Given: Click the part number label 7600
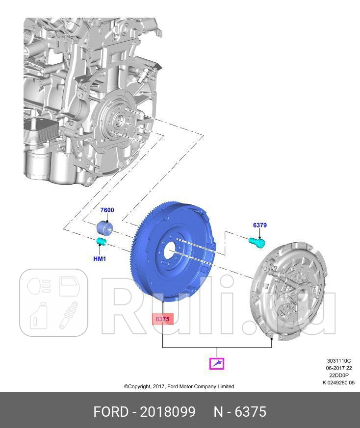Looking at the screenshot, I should (107, 210).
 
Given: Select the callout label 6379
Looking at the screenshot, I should (259, 226).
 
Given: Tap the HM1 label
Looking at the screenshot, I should (100, 258).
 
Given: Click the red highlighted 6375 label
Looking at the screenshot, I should (162, 319).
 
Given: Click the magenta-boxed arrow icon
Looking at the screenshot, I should (216, 363).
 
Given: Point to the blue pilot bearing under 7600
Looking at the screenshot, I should (104, 228).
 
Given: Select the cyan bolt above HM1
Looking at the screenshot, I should (102, 241).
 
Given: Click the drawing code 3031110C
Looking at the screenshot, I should (338, 361).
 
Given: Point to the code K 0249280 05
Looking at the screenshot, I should (338, 383).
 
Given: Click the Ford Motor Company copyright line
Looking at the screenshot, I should (179, 386).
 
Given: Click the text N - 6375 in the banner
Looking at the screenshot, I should (240, 412).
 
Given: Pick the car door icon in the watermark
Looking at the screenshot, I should (69, 286).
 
